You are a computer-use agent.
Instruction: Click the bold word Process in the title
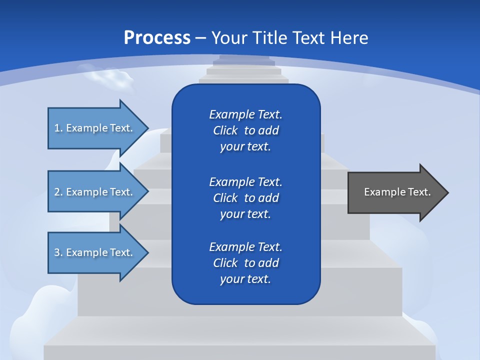pyautogui.click(x=157, y=37)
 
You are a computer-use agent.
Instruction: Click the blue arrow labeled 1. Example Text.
pyautogui.click(x=95, y=128)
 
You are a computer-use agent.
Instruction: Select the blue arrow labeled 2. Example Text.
pyautogui.click(x=95, y=192)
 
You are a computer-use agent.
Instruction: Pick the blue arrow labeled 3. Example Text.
pyautogui.click(x=95, y=252)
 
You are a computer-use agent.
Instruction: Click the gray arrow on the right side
pyautogui.click(x=395, y=192)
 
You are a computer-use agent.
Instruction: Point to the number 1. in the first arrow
pyautogui.click(x=58, y=128)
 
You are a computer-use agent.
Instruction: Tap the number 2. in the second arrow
pyautogui.click(x=58, y=192)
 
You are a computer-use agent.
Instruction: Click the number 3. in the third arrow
pyautogui.click(x=58, y=252)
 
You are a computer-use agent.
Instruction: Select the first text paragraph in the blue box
pyautogui.click(x=245, y=130)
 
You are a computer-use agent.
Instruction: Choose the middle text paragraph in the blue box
pyautogui.click(x=245, y=197)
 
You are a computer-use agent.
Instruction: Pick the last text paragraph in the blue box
pyautogui.click(x=245, y=263)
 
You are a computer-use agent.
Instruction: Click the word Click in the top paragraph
pyautogui.click(x=225, y=130)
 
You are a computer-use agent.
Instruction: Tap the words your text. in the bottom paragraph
pyautogui.click(x=245, y=279)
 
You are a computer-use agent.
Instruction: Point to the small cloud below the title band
pyautogui.click(x=110, y=78)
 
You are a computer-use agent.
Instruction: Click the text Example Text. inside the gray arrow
pyautogui.click(x=397, y=192)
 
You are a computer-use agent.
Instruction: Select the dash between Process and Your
pyautogui.click(x=201, y=38)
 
